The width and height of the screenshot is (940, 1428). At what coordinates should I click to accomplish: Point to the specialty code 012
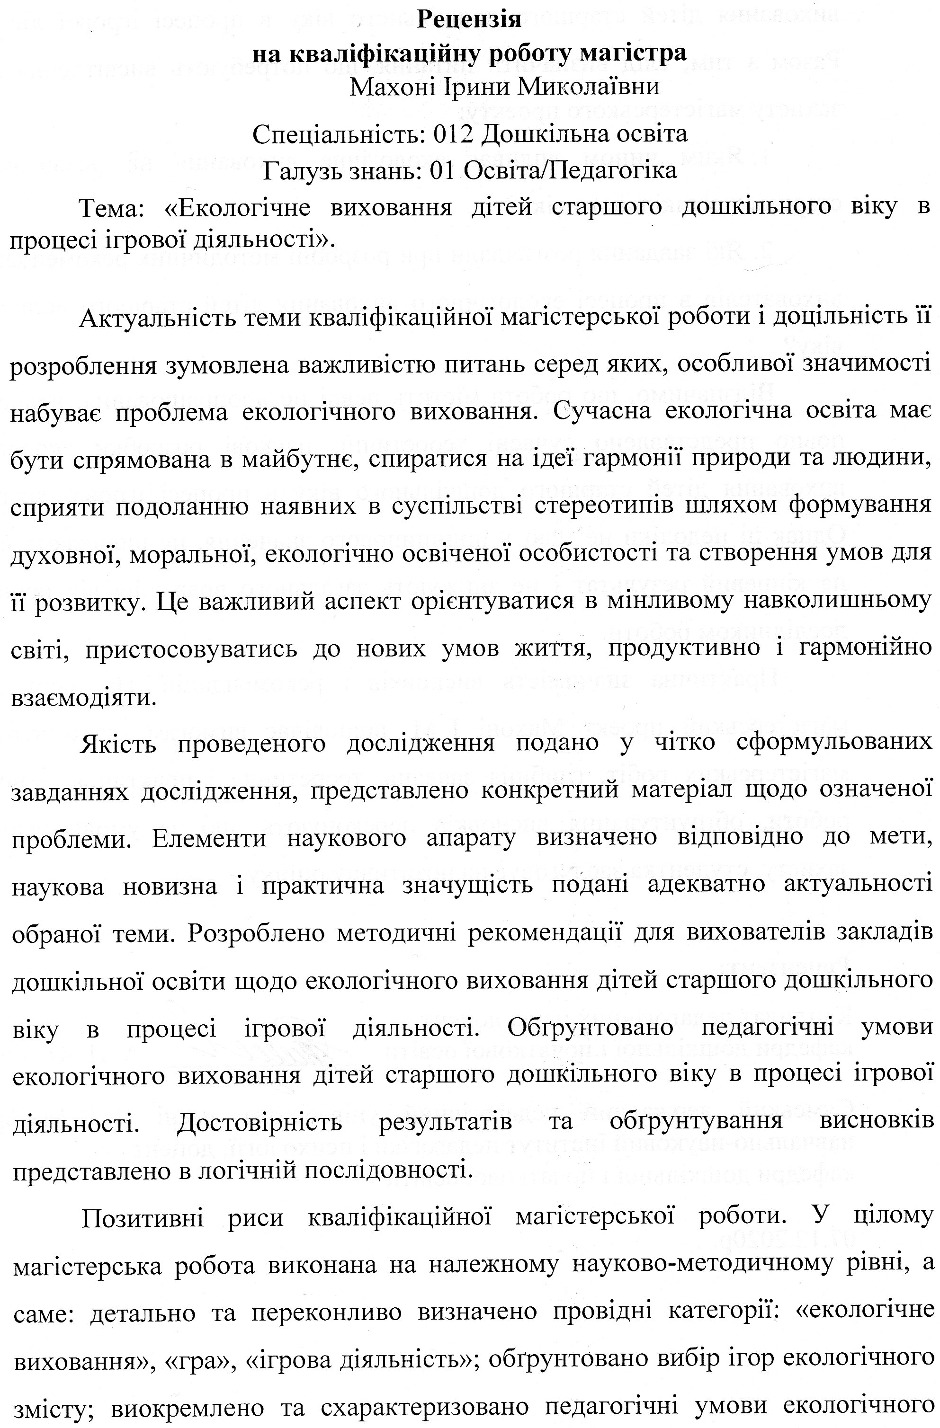[453, 133]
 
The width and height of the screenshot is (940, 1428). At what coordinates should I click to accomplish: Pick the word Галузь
[301, 170]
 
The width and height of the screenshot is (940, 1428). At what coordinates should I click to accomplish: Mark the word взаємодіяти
[83, 697]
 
